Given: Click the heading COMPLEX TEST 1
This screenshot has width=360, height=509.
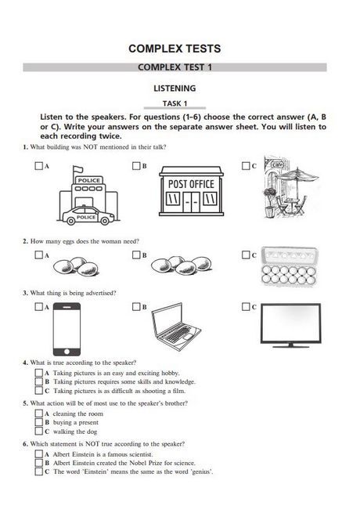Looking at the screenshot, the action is pos(175,67).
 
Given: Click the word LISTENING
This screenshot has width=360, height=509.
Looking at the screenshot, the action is pos(175,88).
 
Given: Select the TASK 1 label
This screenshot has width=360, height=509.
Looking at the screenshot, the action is pos(175,103).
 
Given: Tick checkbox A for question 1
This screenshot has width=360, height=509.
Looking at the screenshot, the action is pos(38,166).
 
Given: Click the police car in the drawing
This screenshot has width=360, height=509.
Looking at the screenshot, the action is pos(88,215).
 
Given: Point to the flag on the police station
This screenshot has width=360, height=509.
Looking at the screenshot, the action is pos(77,169).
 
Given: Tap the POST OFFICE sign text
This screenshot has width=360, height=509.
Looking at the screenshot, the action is pos(191,184).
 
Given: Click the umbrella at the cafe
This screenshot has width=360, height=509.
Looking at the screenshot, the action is pos(297,175).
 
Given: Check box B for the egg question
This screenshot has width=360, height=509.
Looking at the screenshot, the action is pos(136,255).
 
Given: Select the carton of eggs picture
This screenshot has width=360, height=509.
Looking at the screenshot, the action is pos(290,267).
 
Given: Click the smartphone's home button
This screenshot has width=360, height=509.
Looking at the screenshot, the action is pos(67,352).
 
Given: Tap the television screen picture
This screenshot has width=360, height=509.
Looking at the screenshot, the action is pos(290,325).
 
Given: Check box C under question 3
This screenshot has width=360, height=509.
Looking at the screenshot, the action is pos(246,306).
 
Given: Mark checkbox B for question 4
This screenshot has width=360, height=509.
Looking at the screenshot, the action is pos(39,381).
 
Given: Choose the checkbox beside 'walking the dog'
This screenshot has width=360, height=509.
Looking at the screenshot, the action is pos(39,431).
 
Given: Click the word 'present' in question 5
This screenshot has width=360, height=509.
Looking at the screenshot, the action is pos(88,423).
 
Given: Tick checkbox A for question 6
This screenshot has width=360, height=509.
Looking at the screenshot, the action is pos(39,454).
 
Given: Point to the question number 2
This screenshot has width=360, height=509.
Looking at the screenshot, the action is pos(25,241).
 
